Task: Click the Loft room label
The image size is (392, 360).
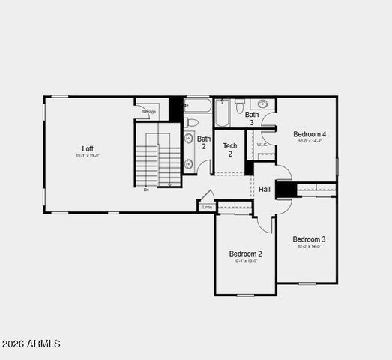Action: (88, 148)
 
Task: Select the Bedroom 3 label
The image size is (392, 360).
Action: (309, 239)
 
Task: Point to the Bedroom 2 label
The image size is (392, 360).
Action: (245, 253)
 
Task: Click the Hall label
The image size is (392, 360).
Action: (265, 190)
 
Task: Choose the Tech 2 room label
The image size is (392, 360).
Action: (230, 150)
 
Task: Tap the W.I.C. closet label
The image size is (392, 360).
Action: (262, 145)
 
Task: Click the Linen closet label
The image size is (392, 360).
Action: (207, 207)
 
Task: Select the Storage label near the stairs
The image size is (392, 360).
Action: (148, 112)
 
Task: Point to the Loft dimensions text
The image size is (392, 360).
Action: (88, 156)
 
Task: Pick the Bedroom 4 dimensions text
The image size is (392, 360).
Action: (309, 141)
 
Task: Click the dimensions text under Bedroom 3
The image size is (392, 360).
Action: (309, 246)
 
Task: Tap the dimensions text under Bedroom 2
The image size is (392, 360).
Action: (245, 261)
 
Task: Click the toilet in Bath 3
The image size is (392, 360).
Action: (240, 106)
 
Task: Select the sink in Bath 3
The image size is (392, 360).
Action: (263, 104)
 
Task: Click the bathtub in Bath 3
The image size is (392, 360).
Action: (222, 113)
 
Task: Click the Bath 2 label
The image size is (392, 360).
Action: (204, 142)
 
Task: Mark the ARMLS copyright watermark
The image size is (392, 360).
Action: (31, 343)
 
